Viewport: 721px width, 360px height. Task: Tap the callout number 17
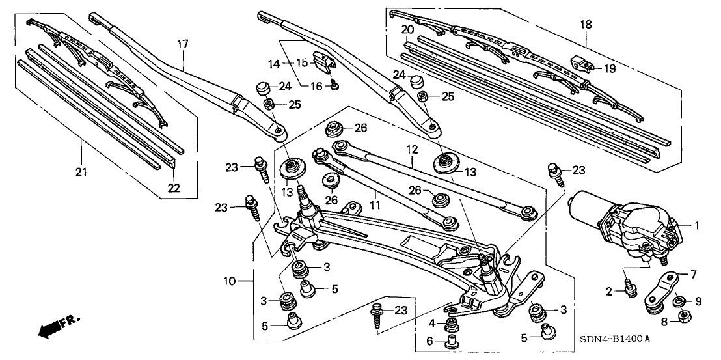[183, 44]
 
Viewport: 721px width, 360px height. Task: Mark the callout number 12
[411, 150]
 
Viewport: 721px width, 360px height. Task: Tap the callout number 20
[407, 30]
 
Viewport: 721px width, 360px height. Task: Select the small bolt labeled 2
[629, 286]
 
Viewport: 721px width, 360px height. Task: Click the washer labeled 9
[678, 301]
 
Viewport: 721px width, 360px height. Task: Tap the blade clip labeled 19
[584, 65]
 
